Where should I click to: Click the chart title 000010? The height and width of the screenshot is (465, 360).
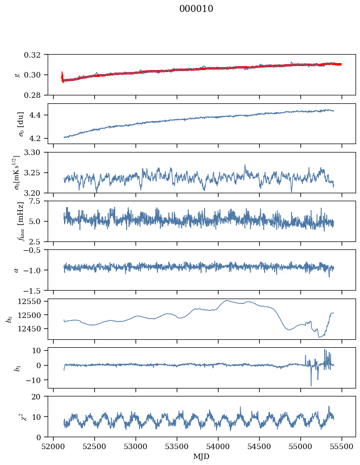point(196,8)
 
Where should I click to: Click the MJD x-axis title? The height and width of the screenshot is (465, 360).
point(201,457)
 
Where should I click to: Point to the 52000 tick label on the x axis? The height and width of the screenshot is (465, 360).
point(53,447)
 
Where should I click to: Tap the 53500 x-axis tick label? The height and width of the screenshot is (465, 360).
point(177,447)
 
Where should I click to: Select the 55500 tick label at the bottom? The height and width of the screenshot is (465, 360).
point(342,447)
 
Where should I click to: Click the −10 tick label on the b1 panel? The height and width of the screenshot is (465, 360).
point(36,380)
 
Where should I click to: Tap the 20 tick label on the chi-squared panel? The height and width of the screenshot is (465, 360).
point(40,396)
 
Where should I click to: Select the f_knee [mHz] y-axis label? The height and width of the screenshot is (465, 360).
point(20,221)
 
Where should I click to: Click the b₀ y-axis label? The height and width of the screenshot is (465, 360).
point(10,319)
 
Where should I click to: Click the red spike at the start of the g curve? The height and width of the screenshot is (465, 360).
point(62,77)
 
